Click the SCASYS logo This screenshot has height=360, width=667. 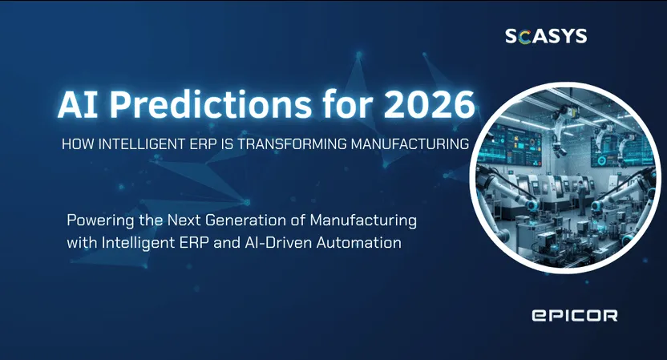coord(546,36)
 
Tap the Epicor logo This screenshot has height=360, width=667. coord(575,315)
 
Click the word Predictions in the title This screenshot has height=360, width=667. coord(211,104)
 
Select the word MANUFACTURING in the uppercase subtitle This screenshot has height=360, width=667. coord(410,144)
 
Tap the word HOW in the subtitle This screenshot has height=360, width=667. coord(79,144)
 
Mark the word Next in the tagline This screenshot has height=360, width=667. coord(184,220)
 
